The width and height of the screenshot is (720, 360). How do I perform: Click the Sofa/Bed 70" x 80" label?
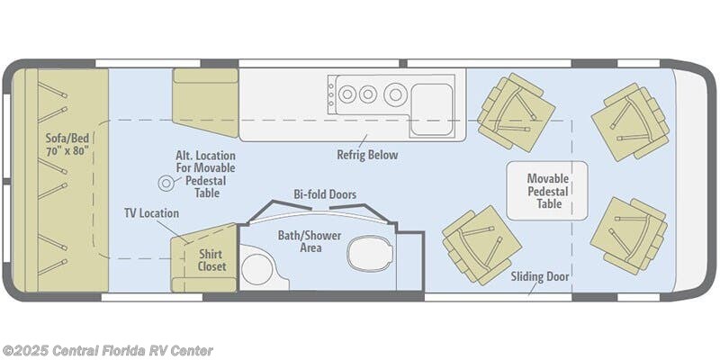point(67,144)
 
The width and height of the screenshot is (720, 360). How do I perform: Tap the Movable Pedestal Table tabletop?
point(547,191)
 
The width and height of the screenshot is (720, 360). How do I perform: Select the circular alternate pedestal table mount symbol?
point(166,184)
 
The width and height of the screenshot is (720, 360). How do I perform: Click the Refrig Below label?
point(367,155)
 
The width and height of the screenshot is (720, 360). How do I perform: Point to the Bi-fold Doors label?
point(325,194)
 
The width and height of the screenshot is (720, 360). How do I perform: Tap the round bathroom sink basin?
point(257,269)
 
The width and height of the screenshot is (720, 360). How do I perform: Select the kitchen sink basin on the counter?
point(432,109)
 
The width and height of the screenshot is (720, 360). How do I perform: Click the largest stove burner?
point(395,94)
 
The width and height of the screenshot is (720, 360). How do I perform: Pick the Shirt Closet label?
point(211,260)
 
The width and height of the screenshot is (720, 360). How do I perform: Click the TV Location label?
point(151,213)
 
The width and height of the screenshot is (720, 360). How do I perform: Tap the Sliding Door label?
point(540,277)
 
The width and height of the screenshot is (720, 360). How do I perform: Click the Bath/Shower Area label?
point(309,241)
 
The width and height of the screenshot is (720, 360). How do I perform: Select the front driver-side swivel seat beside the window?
point(630,121)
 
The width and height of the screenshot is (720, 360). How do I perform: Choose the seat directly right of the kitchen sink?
point(516,112)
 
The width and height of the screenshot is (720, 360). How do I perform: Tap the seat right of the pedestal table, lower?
point(628,236)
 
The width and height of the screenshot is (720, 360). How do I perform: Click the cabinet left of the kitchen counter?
point(206,103)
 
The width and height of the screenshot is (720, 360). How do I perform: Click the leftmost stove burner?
point(347,94)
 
